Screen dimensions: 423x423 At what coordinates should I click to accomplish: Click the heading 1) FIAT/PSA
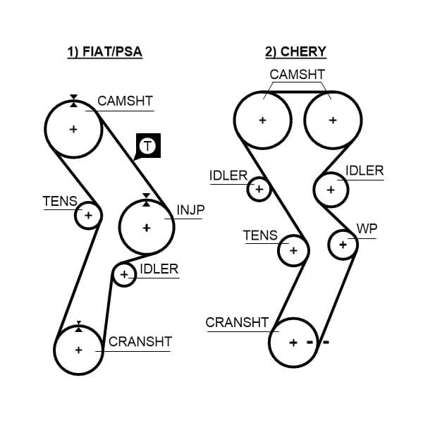(105, 53)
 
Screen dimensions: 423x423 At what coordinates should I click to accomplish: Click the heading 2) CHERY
(295, 53)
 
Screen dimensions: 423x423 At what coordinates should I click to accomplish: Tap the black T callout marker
(147, 146)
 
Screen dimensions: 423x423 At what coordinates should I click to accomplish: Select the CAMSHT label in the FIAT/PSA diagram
(125, 101)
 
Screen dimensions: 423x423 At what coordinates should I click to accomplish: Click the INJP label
(190, 210)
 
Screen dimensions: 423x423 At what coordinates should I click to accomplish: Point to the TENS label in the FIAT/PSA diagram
(60, 201)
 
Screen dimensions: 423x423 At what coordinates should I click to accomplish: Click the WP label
(367, 229)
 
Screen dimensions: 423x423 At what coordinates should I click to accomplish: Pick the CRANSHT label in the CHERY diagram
(237, 322)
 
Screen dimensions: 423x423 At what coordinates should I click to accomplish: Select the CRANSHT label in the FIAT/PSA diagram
(140, 342)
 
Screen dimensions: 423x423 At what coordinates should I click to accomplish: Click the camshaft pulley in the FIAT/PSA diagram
(73, 129)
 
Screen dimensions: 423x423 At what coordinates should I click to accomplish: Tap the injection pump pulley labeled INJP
(147, 227)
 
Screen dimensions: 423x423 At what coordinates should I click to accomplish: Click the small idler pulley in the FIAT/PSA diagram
(125, 275)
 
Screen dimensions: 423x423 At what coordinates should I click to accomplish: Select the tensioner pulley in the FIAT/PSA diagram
(88, 215)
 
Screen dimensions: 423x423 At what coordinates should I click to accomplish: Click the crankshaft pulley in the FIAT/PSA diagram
(78, 350)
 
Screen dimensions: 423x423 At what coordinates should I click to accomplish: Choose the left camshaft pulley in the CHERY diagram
(262, 120)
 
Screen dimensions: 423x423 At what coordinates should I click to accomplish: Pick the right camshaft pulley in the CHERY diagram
(332, 120)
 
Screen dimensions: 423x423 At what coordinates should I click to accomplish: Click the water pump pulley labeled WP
(343, 244)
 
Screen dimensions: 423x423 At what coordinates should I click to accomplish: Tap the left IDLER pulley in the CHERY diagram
(259, 189)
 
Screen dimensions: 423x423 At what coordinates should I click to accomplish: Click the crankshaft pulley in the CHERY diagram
(295, 343)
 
